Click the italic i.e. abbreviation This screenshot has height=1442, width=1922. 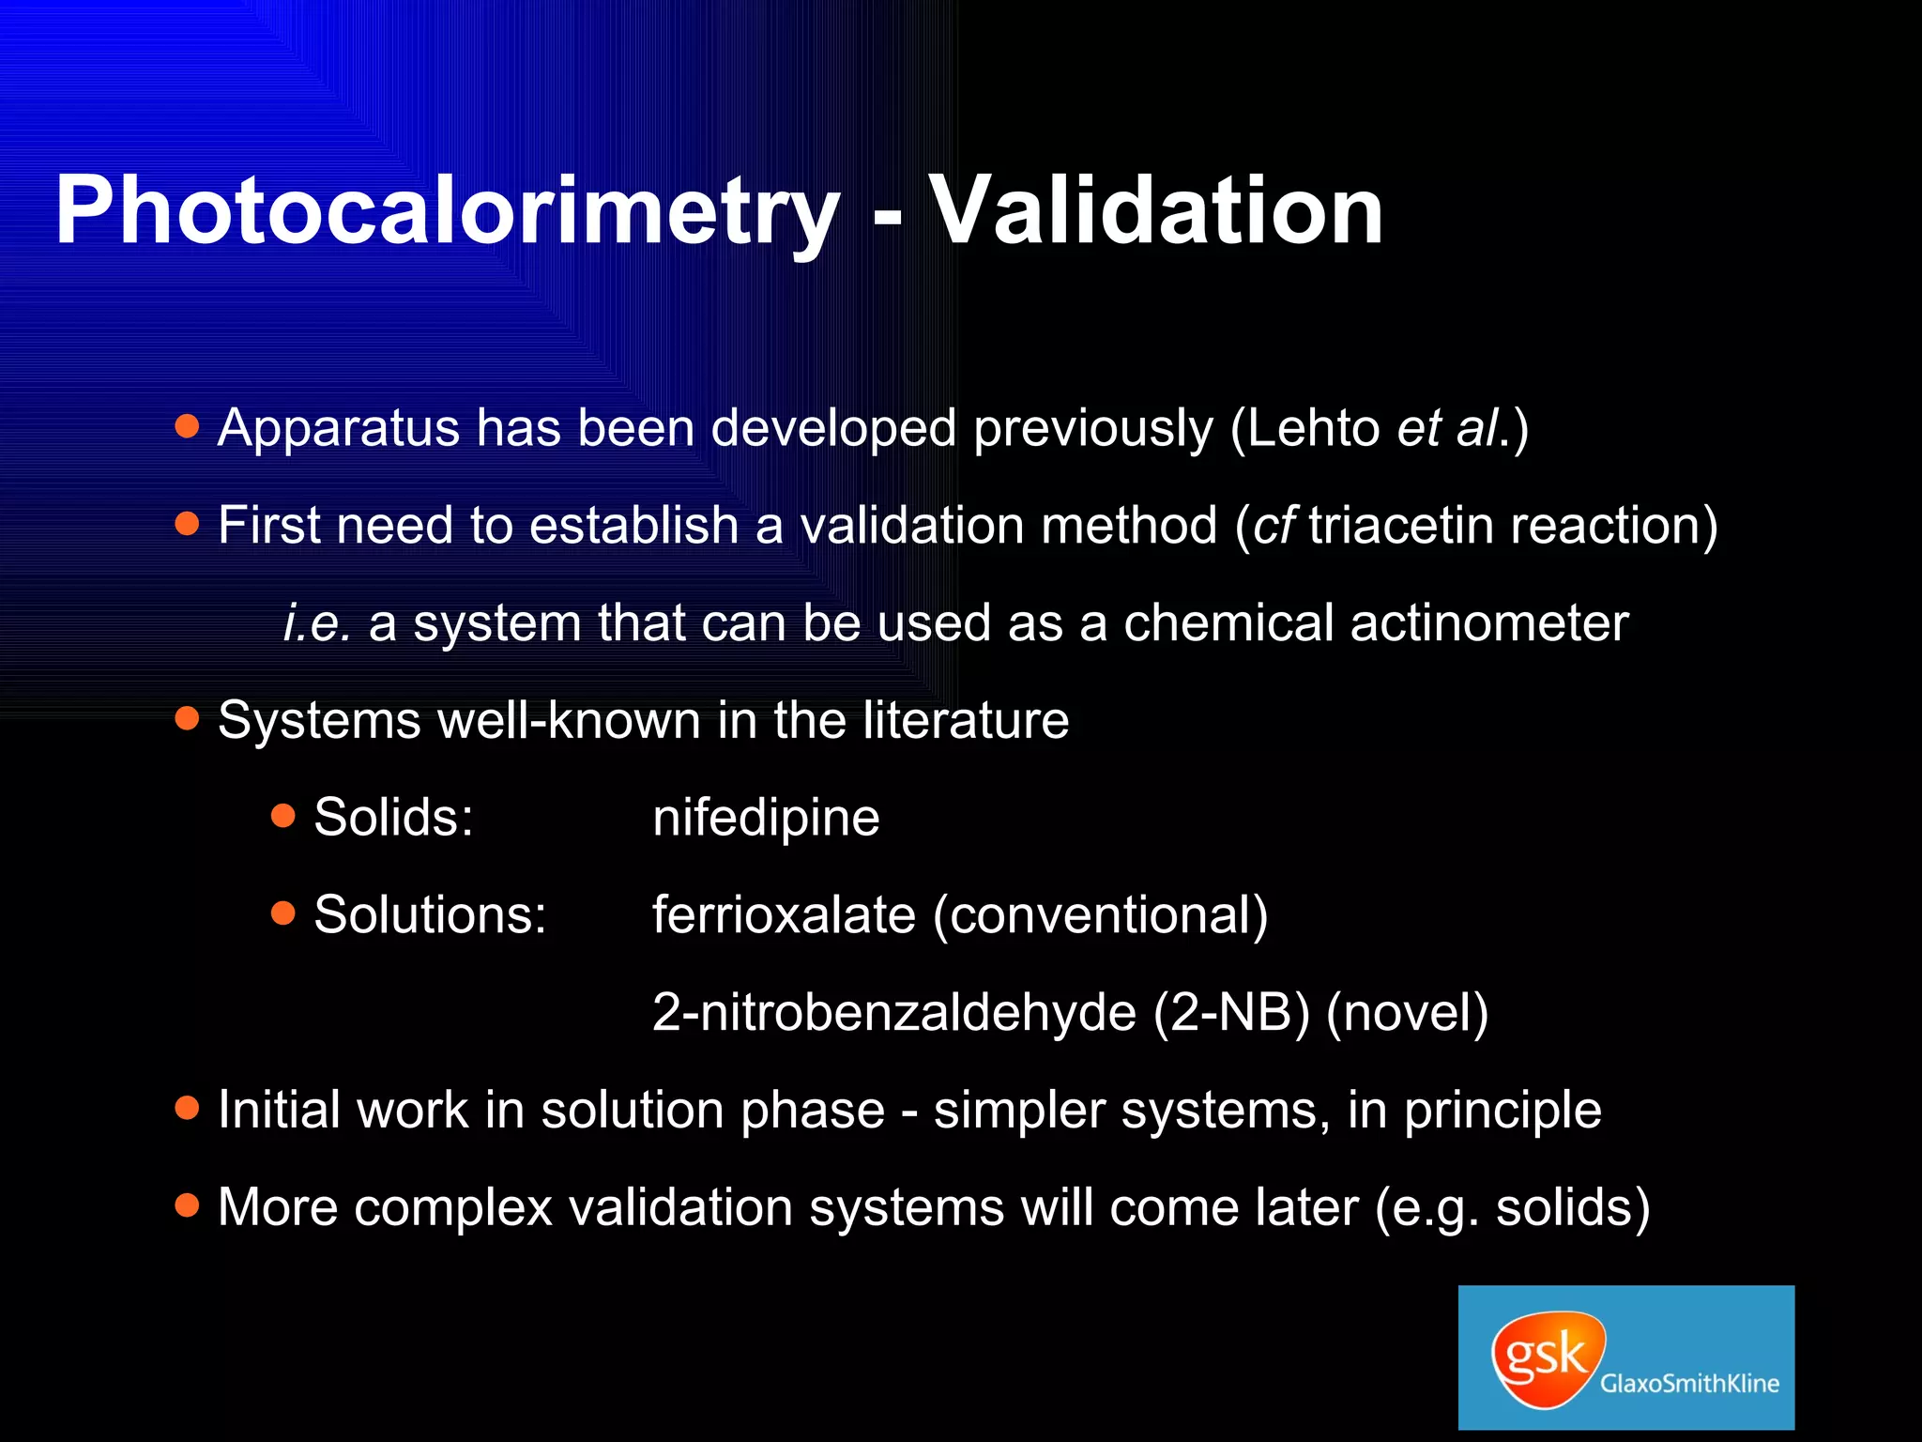pyautogui.click(x=317, y=622)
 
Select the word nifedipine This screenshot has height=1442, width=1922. pyautogui.click(x=766, y=817)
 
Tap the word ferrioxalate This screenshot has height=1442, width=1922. pyautogui.click(x=784, y=914)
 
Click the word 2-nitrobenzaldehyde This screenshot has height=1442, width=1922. pyautogui.click(x=893, y=1012)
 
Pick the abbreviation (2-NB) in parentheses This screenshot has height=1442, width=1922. pyautogui.click(x=1231, y=1012)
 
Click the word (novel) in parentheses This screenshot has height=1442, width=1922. pyautogui.click(x=1407, y=1012)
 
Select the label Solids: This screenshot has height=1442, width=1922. pyautogui.click(x=393, y=817)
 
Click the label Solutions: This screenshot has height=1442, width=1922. pyautogui.click(x=430, y=914)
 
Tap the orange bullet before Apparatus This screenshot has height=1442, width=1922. pyautogui.click(x=188, y=427)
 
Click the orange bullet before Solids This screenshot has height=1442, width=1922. pyautogui.click(x=283, y=816)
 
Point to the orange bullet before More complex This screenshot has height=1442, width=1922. pyautogui.click(x=188, y=1205)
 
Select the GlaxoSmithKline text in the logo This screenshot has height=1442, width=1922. pyautogui.click(x=1689, y=1383)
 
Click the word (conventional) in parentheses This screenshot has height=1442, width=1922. pyautogui.click(x=1100, y=914)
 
